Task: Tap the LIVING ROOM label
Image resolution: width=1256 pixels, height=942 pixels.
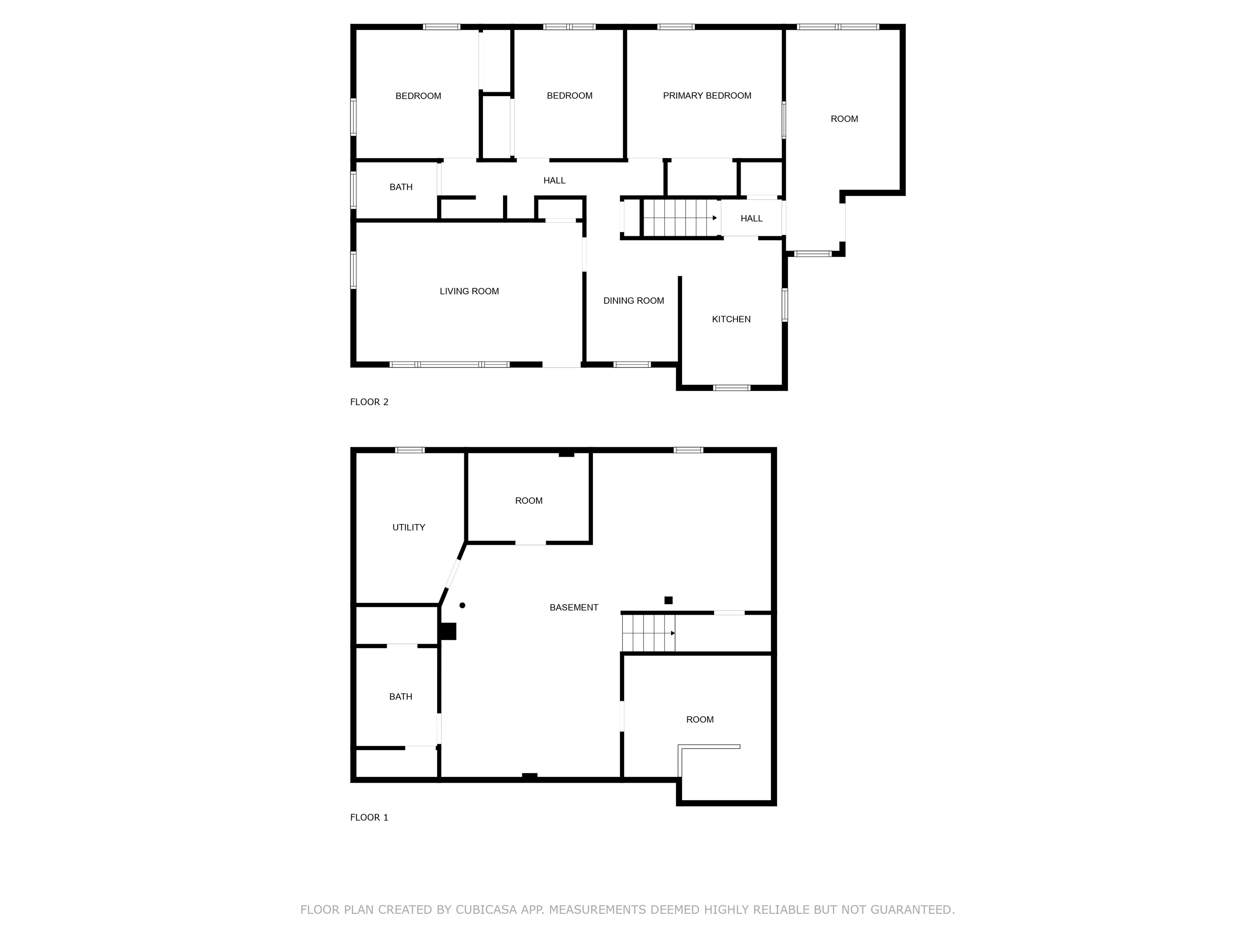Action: (469, 291)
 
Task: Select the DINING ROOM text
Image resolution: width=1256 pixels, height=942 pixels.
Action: (633, 301)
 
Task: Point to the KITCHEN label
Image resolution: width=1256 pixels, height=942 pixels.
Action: (731, 319)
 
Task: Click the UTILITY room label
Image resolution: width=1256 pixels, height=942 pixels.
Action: (408, 527)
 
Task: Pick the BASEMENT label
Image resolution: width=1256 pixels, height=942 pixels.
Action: (574, 608)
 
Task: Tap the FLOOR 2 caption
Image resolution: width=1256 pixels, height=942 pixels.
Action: (369, 402)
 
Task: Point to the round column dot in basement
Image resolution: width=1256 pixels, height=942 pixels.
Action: (462, 605)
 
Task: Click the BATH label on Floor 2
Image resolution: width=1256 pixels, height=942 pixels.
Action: (401, 187)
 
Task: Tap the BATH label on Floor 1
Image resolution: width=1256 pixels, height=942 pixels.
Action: (400, 697)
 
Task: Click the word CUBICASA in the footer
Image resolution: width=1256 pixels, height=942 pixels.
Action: (486, 910)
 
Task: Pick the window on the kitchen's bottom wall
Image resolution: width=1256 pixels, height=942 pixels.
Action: (731, 388)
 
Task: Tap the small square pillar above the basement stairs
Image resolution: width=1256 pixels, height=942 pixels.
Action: (668, 600)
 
